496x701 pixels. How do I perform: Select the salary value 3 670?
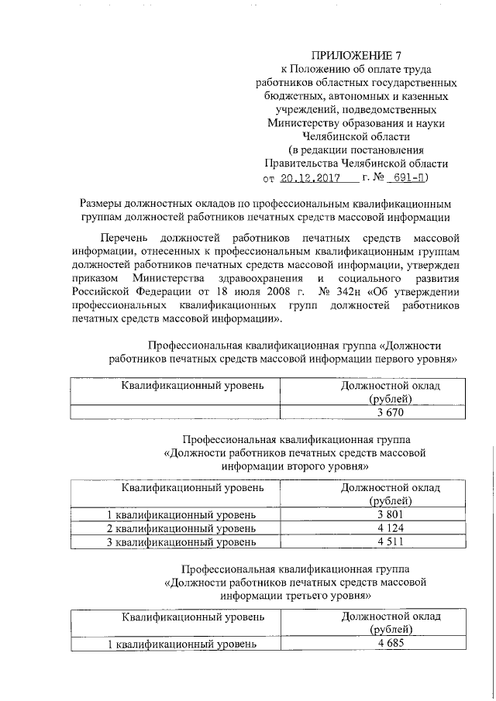click(x=391, y=412)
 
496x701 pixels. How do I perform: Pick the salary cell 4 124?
click(x=391, y=528)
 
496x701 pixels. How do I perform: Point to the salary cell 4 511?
click(x=391, y=542)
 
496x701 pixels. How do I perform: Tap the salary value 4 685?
click(x=391, y=644)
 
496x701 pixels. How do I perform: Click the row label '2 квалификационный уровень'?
click(x=181, y=528)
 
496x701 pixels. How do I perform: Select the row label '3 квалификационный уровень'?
click(x=181, y=542)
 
